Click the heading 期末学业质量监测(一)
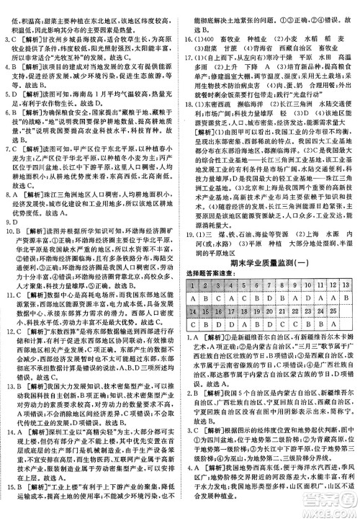pyautogui.click(x=271, y=264)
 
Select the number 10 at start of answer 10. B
pyautogui.click(x=9, y=240)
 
